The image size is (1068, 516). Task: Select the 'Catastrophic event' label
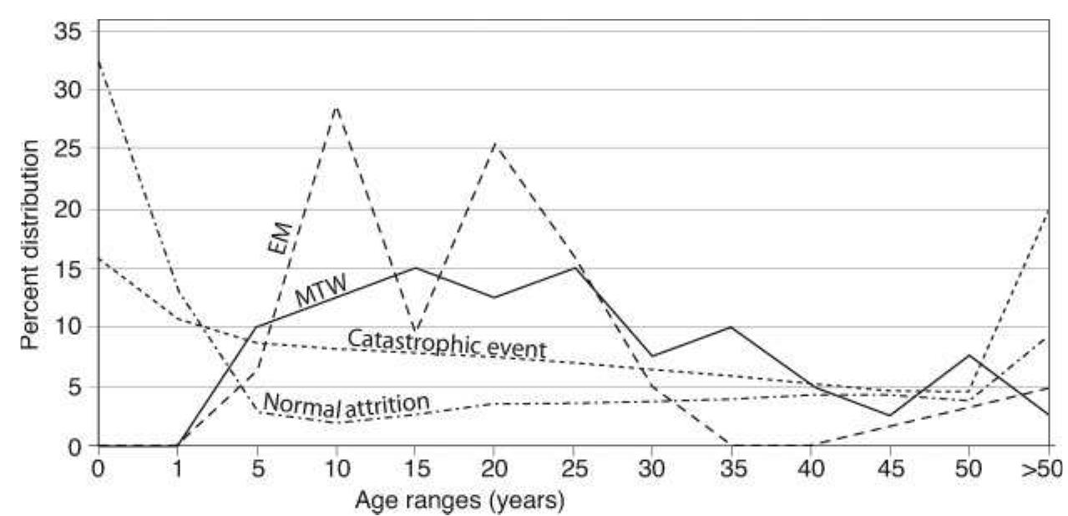click(446, 343)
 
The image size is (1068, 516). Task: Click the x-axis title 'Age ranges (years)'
click(460, 502)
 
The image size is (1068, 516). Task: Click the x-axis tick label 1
click(178, 468)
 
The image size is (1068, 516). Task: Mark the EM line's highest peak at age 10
click(337, 106)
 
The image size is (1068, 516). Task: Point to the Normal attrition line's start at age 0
click(99, 61)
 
